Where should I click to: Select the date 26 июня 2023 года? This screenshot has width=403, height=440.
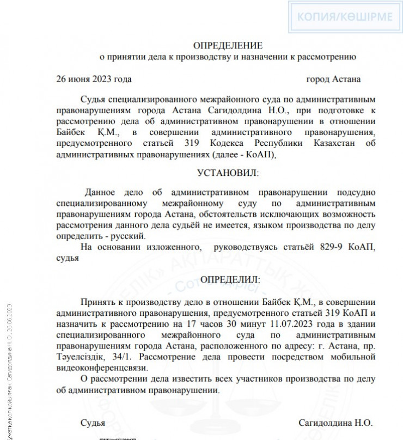pos(94,79)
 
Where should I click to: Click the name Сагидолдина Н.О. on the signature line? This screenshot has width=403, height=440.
pos(335,423)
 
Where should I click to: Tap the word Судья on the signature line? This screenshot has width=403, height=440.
pos(93,423)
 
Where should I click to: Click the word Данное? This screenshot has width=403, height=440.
pos(102,192)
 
